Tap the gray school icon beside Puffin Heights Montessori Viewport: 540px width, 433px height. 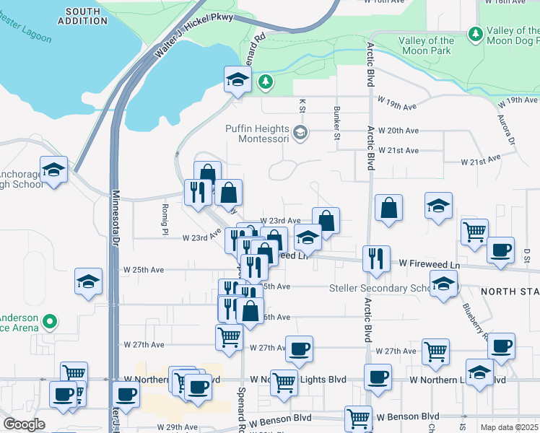tap(300, 134)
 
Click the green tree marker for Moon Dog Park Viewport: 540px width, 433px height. tap(475, 33)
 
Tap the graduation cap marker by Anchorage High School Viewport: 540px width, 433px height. tap(53, 170)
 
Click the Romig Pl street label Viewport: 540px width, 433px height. tap(165, 219)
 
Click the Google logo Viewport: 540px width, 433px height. tap(24, 424)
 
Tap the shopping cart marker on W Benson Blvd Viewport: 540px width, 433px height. tap(359, 418)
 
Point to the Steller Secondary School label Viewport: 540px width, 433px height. tap(380, 289)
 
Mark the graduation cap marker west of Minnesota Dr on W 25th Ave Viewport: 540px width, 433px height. tap(88, 281)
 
